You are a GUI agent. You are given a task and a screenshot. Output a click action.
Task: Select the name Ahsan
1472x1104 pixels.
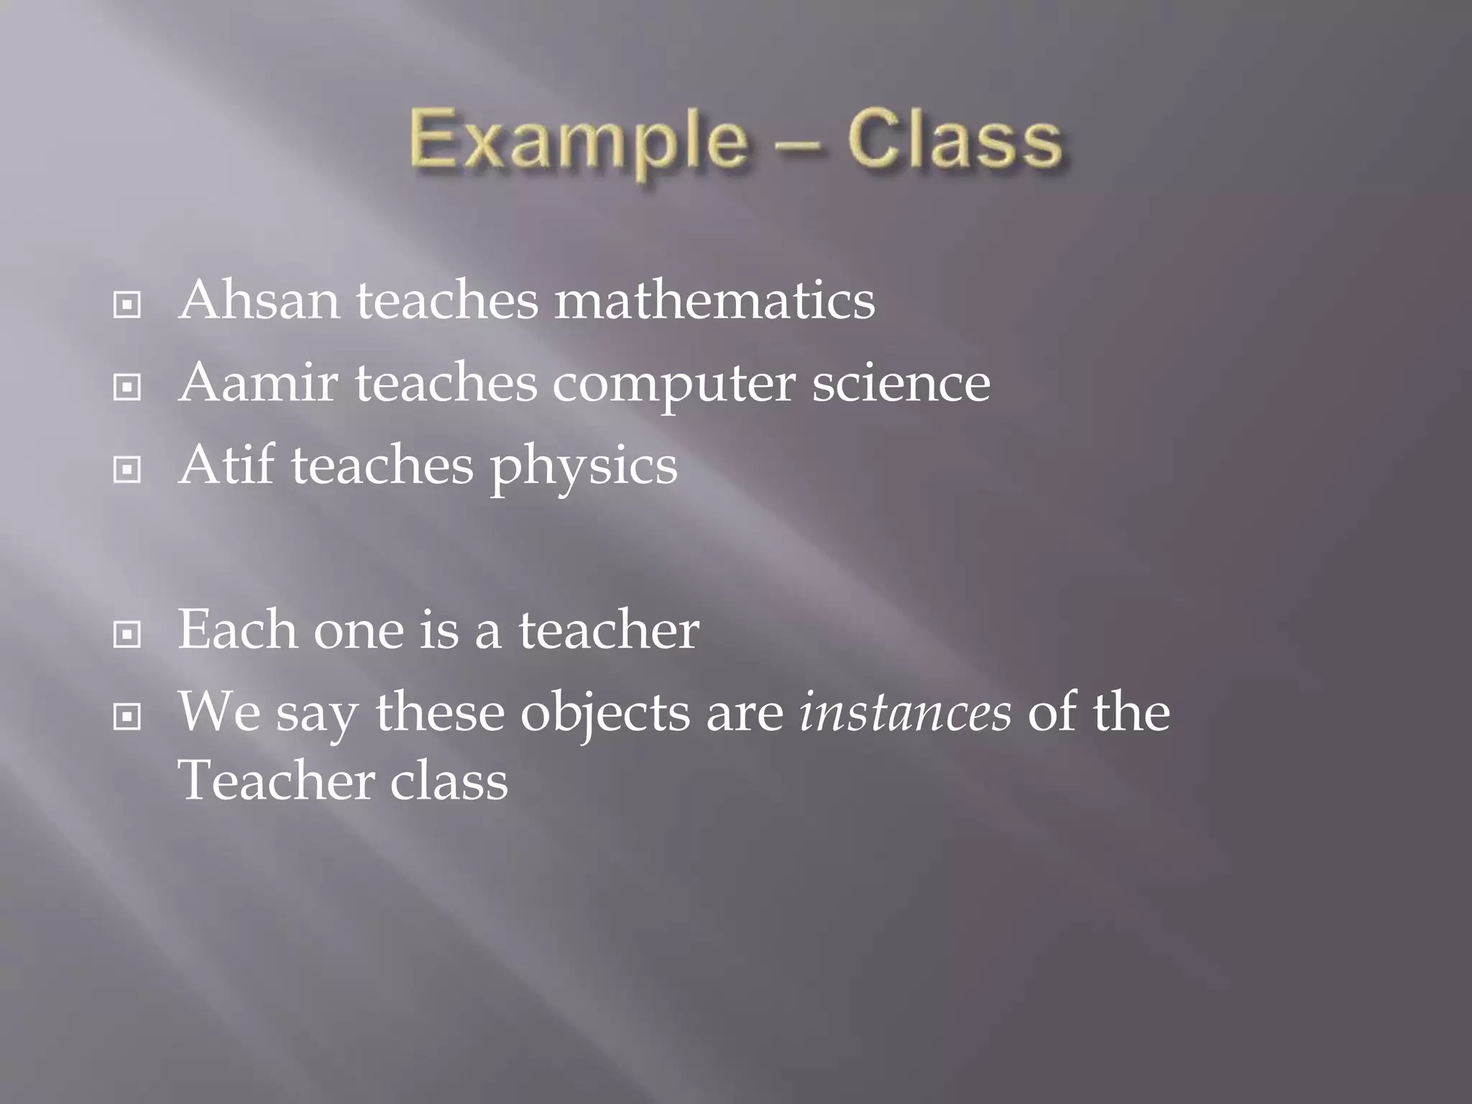[259, 300]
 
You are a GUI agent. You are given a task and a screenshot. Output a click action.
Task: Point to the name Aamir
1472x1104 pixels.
[258, 383]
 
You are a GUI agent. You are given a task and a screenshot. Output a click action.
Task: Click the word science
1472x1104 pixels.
[901, 383]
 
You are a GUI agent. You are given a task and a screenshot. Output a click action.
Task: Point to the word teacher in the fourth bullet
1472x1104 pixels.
[609, 630]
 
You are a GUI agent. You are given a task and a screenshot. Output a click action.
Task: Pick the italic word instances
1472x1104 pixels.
[906, 712]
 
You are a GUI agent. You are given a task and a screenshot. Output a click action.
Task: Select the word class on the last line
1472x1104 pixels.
[449, 781]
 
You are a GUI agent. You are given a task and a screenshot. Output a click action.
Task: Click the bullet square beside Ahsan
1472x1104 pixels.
[127, 305]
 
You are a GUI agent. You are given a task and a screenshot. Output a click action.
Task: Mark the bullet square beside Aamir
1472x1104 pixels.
[127, 388]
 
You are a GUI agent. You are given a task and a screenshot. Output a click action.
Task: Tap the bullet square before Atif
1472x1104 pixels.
[127, 471]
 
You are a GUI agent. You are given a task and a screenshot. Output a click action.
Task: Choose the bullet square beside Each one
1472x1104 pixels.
[127, 635]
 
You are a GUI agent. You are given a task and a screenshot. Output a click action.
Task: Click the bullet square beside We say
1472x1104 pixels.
[127, 717]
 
